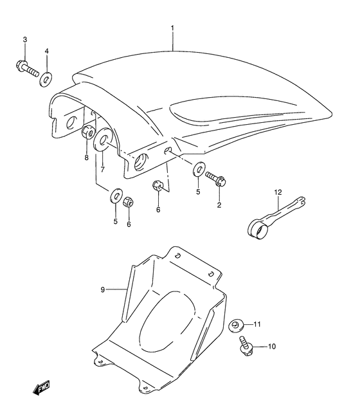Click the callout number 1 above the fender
172,28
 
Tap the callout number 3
25,41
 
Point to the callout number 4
47,51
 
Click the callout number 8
86,158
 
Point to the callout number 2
219,205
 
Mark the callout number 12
278,192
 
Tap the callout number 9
102,289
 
